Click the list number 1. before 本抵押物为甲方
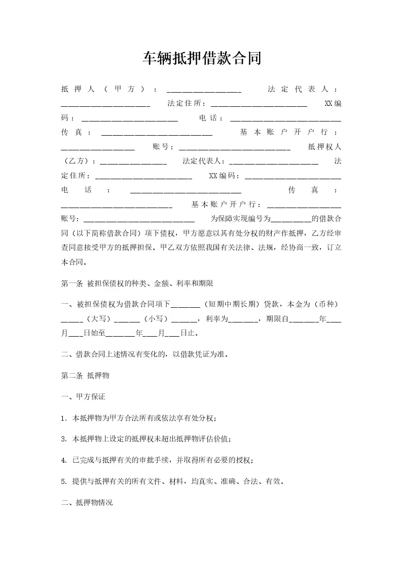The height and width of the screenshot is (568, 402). pyautogui.click(x=64, y=418)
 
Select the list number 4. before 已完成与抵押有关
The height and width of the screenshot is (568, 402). pyautogui.click(x=64, y=460)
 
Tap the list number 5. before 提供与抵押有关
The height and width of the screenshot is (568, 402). pyautogui.click(x=64, y=481)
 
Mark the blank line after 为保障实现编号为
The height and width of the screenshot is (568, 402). pyautogui.click(x=291, y=220)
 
